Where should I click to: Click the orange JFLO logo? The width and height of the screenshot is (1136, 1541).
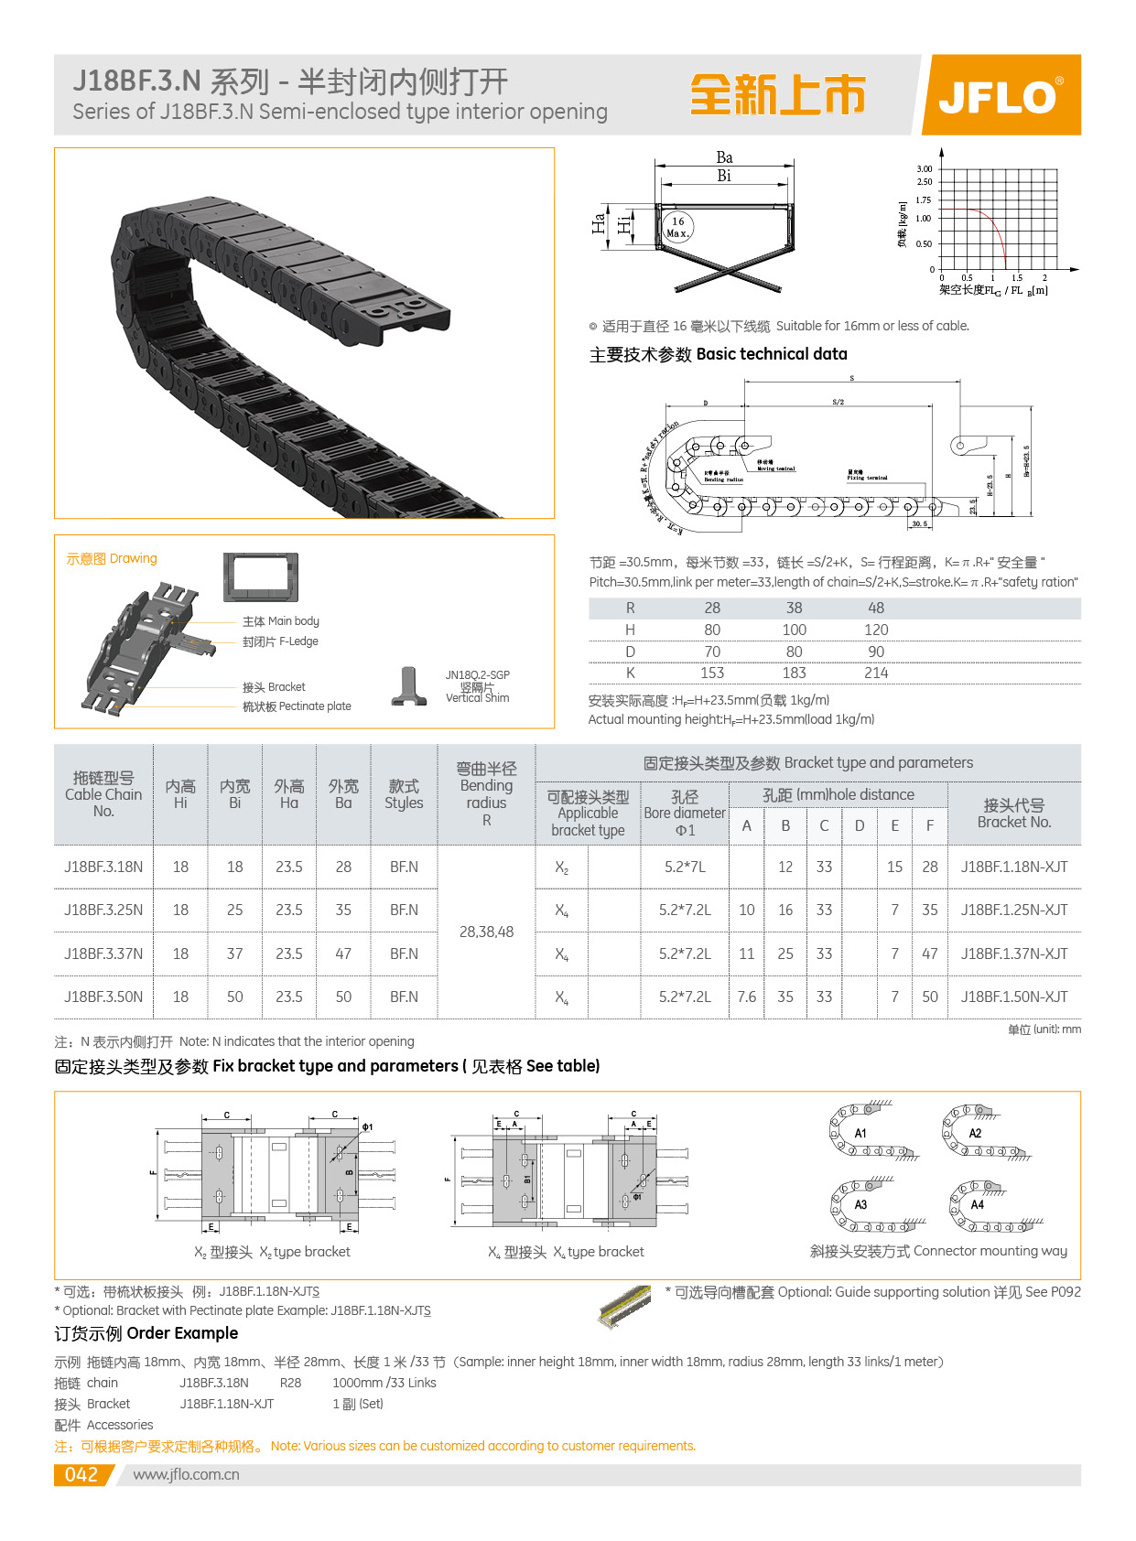1001,95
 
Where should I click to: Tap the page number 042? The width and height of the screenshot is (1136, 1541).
81,1474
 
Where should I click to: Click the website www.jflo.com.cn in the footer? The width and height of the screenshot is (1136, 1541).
186,1474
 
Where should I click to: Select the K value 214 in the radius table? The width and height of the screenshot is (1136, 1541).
876,673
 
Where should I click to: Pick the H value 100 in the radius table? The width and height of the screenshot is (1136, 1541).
795,630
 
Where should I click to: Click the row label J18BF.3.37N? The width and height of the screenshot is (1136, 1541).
103,954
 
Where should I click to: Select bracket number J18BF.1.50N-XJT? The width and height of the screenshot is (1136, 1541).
1014,997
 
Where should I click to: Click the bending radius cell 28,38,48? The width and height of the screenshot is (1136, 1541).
486,932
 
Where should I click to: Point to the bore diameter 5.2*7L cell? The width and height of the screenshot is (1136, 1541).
685,867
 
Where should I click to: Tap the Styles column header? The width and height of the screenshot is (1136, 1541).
404,794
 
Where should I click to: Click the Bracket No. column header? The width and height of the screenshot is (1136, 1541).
1014,813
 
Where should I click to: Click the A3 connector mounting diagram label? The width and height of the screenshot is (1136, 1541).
860,1204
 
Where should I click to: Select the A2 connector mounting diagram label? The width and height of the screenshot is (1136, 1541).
975,1133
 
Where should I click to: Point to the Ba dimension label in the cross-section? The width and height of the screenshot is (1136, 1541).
724,157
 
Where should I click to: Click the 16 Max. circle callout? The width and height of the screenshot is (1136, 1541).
677,227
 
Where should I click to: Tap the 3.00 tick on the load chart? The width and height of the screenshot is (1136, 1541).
925,169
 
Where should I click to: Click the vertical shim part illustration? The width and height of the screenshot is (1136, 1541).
409,686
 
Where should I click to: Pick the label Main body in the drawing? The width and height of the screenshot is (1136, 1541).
281,621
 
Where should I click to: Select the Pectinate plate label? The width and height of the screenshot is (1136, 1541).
297,706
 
